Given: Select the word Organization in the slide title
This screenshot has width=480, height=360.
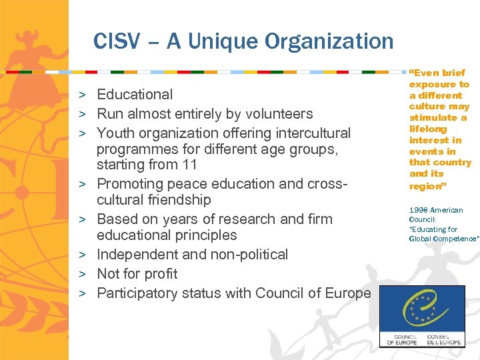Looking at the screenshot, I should click(x=329, y=41).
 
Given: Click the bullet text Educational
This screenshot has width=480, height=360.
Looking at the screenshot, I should click(x=135, y=95).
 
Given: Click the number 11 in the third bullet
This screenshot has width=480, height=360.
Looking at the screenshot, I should click(x=189, y=164).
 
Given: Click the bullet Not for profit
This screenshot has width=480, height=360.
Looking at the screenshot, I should click(x=137, y=274).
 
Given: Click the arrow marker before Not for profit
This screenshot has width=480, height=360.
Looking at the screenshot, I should click(x=87, y=274).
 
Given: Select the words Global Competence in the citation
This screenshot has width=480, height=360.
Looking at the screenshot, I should click(x=443, y=239).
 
